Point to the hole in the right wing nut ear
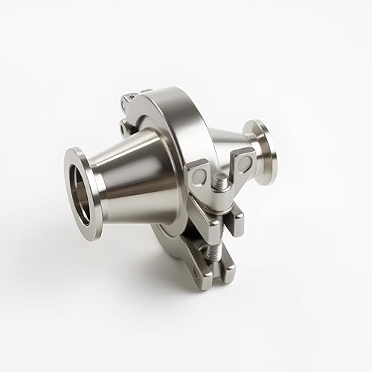point(239,158)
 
